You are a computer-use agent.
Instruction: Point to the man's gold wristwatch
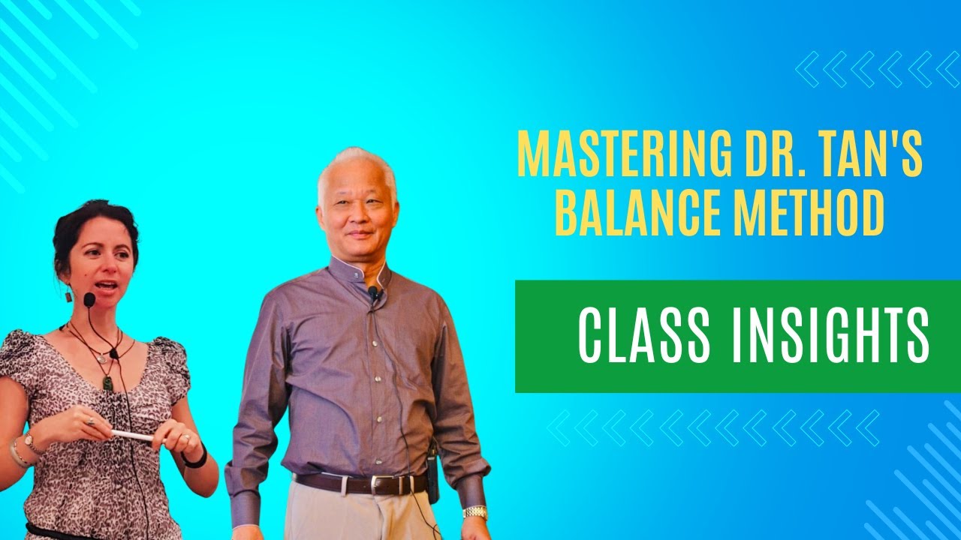474,512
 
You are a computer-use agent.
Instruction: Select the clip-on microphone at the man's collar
372,292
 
